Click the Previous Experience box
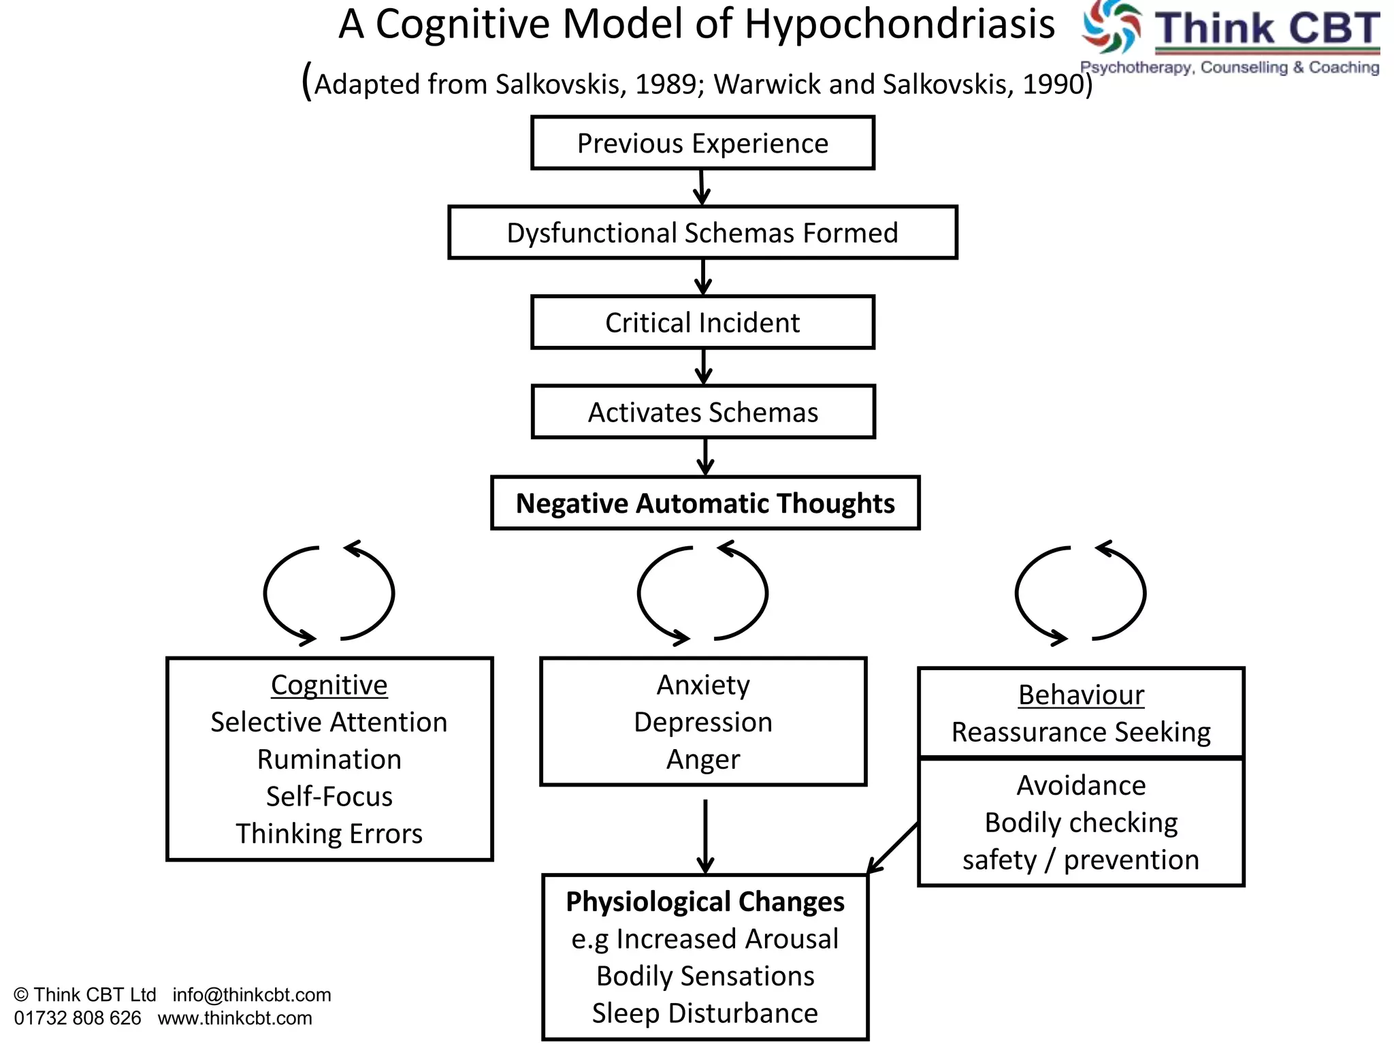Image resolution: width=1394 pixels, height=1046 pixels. [702, 143]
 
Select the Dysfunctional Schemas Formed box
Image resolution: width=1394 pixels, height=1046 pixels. [702, 233]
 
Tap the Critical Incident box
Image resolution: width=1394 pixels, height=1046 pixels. [702, 323]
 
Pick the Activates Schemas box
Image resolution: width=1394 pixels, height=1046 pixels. [703, 412]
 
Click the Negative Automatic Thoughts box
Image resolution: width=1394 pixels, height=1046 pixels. [705, 503]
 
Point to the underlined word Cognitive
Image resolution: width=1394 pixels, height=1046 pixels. [329, 684]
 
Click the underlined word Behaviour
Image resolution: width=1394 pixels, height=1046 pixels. [1081, 695]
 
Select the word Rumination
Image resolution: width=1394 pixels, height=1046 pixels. [329, 759]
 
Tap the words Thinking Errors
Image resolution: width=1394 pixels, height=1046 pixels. [329, 834]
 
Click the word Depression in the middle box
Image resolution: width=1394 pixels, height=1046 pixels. [703, 722]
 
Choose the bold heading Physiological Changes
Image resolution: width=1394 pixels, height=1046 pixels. [705, 902]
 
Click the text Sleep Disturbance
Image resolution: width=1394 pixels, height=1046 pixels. [705, 1013]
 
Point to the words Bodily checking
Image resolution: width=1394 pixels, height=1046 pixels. [1081, 823]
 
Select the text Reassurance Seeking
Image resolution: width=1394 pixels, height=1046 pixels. [1081, 732]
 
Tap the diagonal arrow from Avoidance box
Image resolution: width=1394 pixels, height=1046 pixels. [893, 849]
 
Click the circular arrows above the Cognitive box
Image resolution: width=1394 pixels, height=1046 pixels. [329, 593]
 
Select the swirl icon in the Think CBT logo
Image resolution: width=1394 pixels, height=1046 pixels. [1112, 27]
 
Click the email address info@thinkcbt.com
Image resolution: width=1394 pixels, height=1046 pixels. [251, 995]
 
